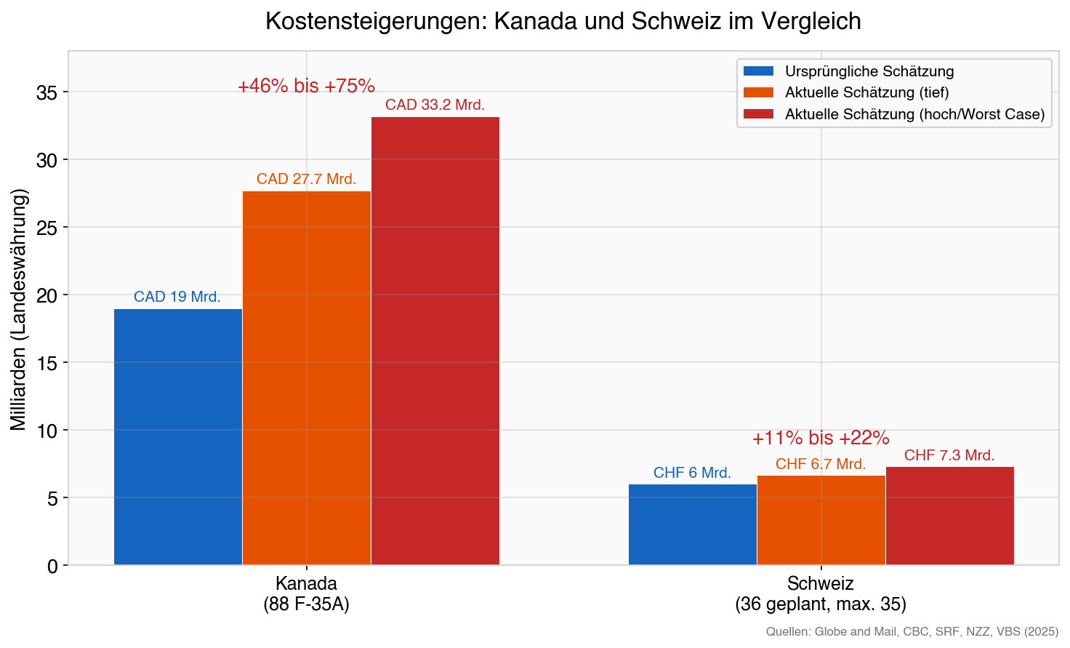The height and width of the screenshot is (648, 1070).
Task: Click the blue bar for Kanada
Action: tap(178, 436)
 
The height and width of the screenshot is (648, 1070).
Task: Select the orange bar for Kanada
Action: tap(307, 378)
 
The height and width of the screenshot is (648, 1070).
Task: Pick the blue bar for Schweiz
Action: tap(693, 524)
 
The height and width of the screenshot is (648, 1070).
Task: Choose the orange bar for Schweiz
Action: tap(821, 520)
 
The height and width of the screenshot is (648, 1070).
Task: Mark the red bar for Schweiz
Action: tap(950, 516)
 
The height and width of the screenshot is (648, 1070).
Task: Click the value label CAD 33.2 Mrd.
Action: tap(435, 105)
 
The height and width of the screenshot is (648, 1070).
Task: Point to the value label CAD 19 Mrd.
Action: tap(177, 297)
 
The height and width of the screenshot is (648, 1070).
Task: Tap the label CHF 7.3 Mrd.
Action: tap(949, 455)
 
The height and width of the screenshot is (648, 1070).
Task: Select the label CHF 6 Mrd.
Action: tap(692, 473)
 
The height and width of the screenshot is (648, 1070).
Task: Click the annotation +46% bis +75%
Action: tap(306, 86)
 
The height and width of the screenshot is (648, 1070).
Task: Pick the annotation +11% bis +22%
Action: tap(821, 438)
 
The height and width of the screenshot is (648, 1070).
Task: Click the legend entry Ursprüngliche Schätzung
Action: tap(869, 71)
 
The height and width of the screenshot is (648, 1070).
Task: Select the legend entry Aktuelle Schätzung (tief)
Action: tap(866, 92)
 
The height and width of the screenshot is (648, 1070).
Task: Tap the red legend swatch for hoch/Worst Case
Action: tap(758, 114)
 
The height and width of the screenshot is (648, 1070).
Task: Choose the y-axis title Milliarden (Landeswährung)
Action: tap(19, 308)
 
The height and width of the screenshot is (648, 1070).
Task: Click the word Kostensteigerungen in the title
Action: tap(377, 21)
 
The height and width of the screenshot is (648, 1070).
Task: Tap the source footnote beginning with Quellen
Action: tap(912, 631)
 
